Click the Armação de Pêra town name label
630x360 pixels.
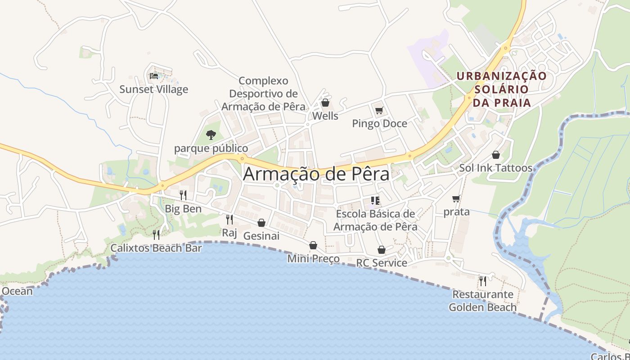tap(316, 175)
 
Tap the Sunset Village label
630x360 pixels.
tap(153, 89)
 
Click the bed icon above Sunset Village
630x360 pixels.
tap(154, 76)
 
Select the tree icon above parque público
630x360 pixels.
tap(211, 135)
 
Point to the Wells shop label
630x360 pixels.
tap(325, 116)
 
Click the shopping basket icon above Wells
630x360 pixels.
tap(325, 103)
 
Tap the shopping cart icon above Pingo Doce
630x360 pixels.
tap(379, 110)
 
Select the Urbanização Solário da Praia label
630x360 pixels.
tap(501, 89)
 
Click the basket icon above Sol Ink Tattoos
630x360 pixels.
tap(495, 155)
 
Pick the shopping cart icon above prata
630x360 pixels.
tap(456, 198)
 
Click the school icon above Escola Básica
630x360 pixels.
tap(375, 200)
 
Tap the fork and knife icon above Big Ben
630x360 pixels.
tap(183, 195)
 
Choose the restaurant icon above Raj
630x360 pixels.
tap(229, 219)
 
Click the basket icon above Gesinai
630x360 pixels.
tap(261, 223)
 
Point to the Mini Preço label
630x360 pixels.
tap(313, 259)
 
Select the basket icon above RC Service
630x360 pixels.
tap(381, 250)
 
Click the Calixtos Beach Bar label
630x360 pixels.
tap(156, 248)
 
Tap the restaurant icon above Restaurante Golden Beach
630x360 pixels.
tap(482, 281)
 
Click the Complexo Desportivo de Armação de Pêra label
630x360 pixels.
tap(263, 94)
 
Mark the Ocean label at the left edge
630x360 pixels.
tap(17, 291)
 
